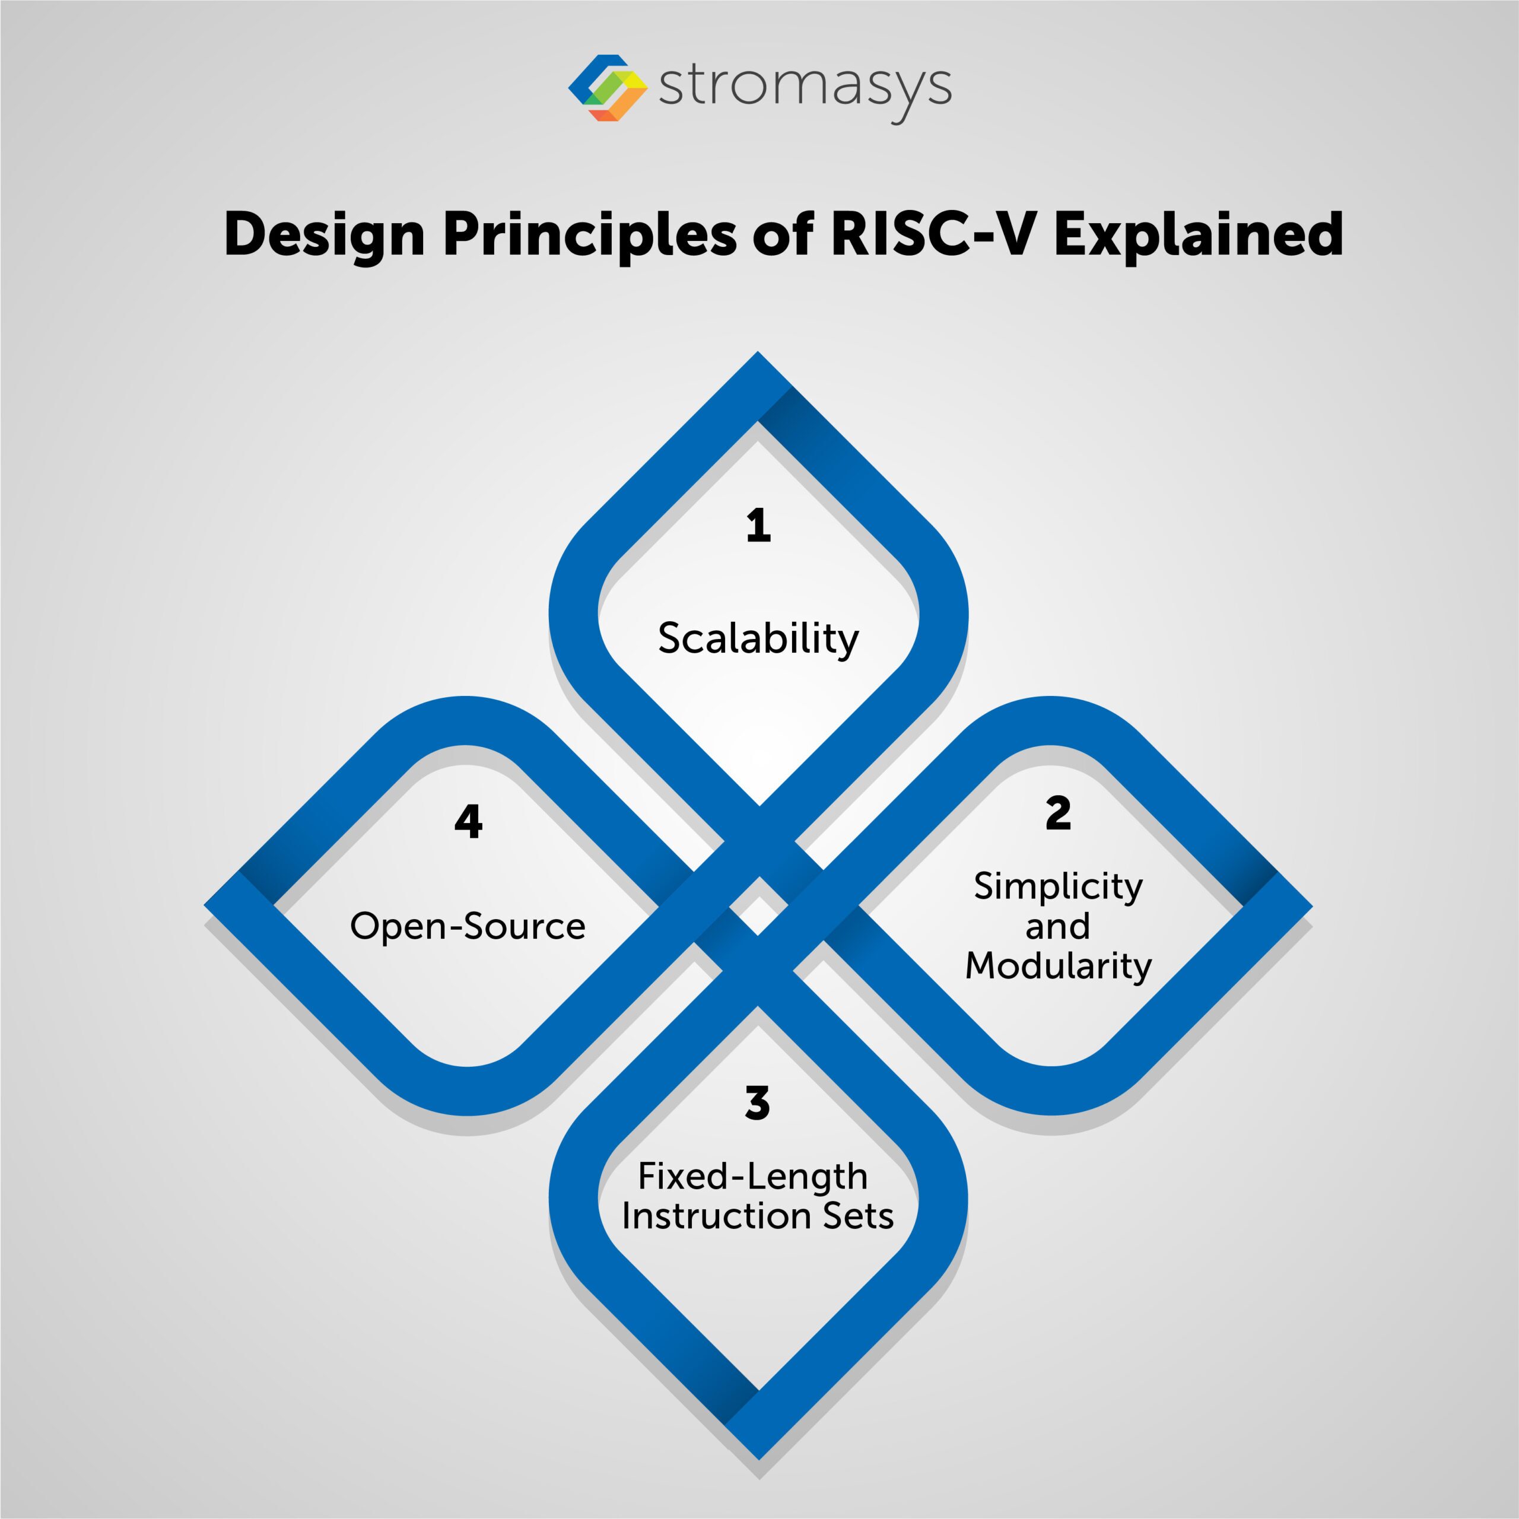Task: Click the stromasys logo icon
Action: (x=607, y=87)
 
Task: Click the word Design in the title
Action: (x=324, y=235)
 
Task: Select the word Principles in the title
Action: (x=590, y=235)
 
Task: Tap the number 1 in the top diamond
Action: (x=758, y=525)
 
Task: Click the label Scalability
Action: (x=758, y=638)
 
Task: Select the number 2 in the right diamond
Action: (x=1059, y=813)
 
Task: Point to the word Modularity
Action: (x=1059, y=966)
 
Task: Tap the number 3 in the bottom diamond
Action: (x=757, y=1102)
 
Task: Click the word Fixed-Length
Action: (x=752, y=1176)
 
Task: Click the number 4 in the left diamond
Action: (x=469, y=822)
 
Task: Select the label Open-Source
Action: (x=468, y=926)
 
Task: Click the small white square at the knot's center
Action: (x=758, y=905)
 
